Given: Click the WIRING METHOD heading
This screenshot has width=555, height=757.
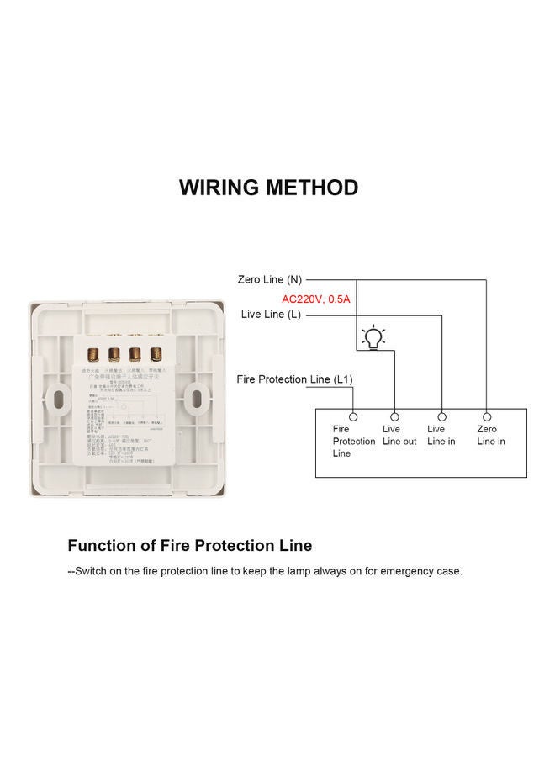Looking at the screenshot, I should [x=268, y=188].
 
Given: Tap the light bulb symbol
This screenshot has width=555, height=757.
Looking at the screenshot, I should [x=373, y=338].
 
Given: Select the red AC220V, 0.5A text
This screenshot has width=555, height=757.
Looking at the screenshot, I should [x=315, y=299].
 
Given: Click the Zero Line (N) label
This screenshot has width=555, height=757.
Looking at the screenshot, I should [x=269, y=279].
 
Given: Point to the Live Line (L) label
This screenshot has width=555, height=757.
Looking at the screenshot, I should [x=271, y=315].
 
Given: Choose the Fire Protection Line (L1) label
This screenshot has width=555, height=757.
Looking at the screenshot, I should [x=294, y=379].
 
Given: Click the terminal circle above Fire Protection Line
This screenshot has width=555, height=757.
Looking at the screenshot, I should [x=353, y=416].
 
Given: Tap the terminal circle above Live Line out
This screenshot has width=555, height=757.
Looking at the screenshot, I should [x=394, y=416].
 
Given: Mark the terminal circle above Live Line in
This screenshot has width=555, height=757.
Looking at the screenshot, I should [x=442, y=416].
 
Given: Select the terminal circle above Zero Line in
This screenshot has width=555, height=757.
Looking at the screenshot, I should [x=486, y=416].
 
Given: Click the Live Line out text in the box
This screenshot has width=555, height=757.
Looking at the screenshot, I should [x=399, y=436].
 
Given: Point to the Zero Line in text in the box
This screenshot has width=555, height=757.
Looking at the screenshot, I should [x=491, y=436].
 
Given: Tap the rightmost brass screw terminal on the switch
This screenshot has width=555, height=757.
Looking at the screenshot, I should [x=156, y=355].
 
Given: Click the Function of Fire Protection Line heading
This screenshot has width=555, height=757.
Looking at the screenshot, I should [x=190, y=545].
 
